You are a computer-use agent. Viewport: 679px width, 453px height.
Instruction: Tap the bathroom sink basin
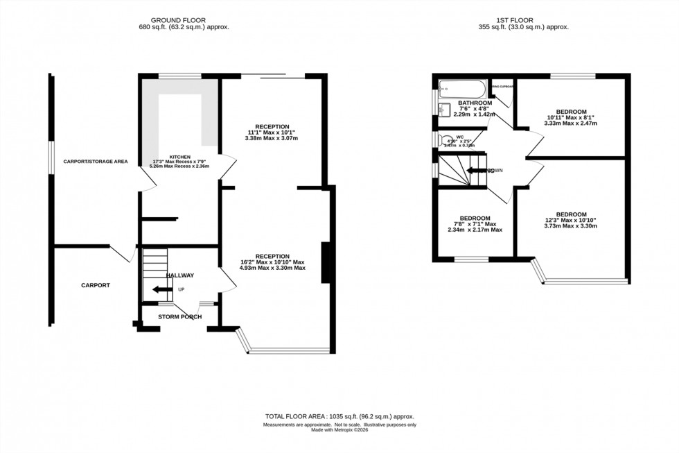443,110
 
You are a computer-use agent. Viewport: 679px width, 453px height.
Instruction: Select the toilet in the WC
445,140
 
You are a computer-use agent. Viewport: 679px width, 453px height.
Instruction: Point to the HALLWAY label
179,275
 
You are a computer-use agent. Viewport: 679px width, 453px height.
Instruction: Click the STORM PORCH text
179,317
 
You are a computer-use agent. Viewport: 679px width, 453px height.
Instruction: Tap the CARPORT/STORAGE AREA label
96,162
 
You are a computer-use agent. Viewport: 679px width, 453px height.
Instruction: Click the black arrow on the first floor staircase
477,170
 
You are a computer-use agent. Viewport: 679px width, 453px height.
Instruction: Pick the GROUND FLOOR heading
184,20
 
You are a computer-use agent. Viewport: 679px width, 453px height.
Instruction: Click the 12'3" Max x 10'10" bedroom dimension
571,221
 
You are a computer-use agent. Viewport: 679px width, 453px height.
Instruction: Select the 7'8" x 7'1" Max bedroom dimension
475,224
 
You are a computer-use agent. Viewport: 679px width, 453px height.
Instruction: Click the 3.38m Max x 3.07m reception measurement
272,138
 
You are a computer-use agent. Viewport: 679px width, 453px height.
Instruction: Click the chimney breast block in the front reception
324,263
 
